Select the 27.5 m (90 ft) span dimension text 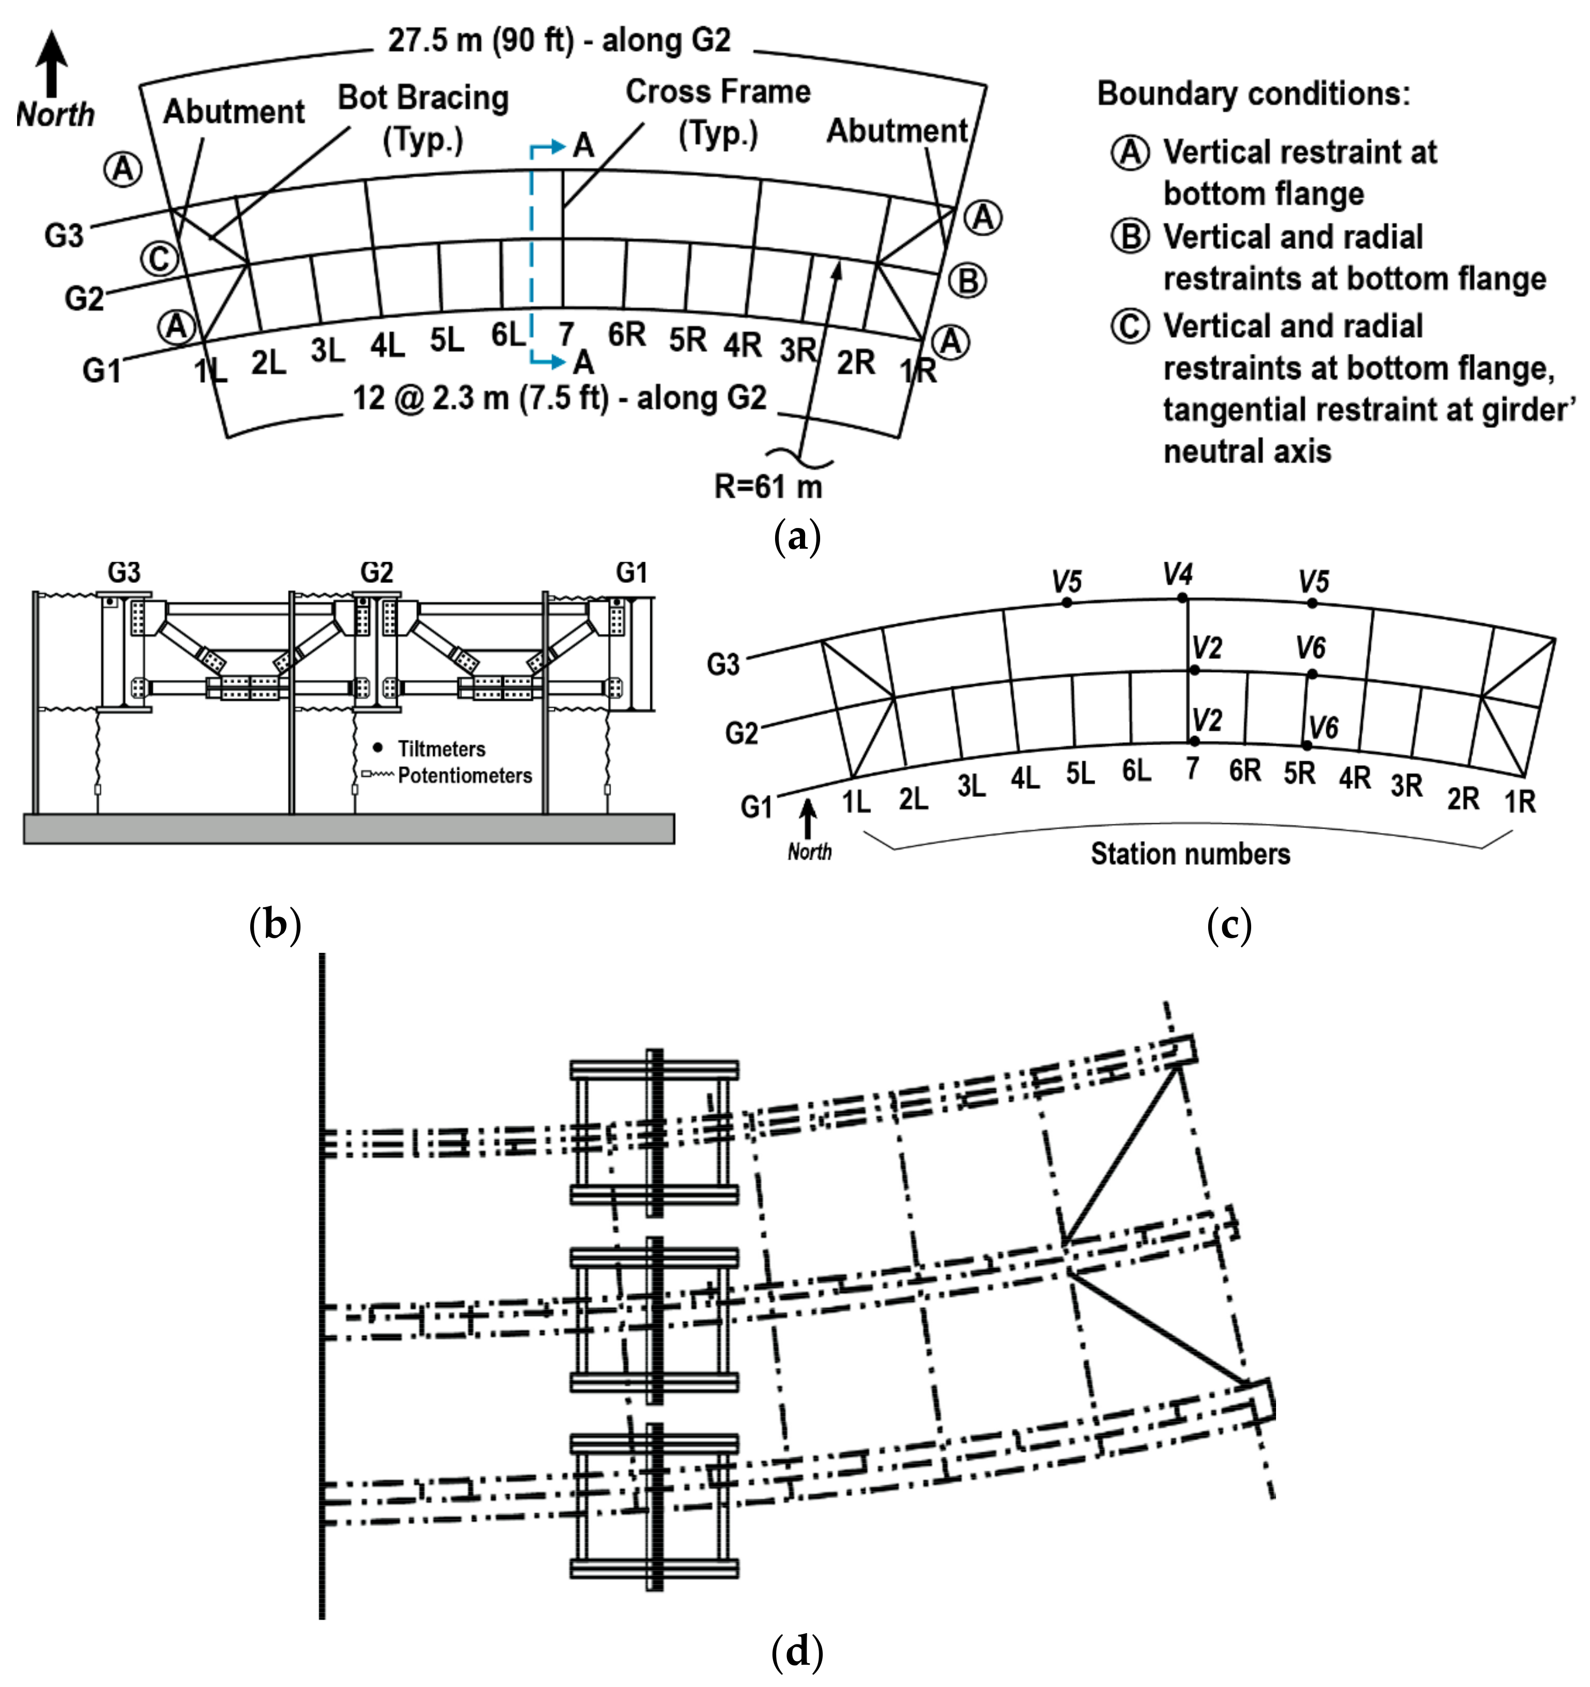(559, 40)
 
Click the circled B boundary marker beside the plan (968, 280)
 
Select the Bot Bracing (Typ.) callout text (423, 117)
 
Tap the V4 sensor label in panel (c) (1178, 575)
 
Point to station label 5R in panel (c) (1298, 773)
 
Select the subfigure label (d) (797, 1651)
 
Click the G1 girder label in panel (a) (102, 371)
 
